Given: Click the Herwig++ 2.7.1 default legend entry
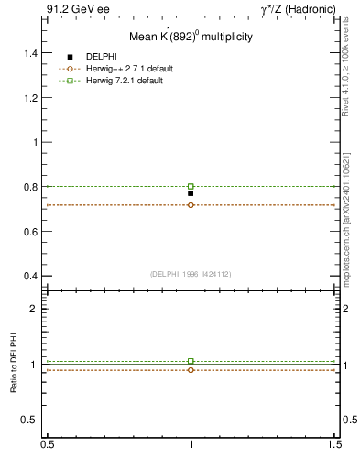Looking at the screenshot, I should pyautogui.click(x=129, y=69).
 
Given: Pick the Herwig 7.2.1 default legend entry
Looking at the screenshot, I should pyautogui.click(x=125, y=81).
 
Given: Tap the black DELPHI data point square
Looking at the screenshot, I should pyautogui.click(x=191, y=193).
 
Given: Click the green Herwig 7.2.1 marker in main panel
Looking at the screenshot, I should pyautogui.click(x=191, y=186).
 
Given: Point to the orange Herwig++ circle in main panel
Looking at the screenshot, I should pyautogui.click(x=191, y=205).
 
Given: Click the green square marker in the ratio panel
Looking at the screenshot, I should pyautogui.click(x=191, y=361).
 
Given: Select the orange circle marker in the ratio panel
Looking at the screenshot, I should pyautogui.click(x=191, y=370).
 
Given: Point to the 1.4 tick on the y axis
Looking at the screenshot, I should pyautogui.click(x=31, y=53).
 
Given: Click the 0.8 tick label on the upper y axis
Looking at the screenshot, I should pyautogui.click(x=31, y=187).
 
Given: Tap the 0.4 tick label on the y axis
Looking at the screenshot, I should pyautogui.click(x=31, y=276).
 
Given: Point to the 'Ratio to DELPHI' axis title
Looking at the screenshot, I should pyautogui.click(x=14, y=365).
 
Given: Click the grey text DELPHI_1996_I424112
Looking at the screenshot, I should pyautogui.click(x=191, y=274).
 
